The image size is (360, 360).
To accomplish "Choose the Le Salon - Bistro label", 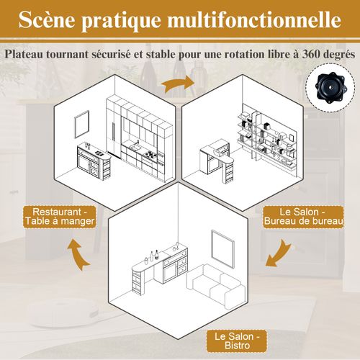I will coord(237,341).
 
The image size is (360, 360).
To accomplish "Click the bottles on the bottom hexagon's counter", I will coord(153,254).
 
